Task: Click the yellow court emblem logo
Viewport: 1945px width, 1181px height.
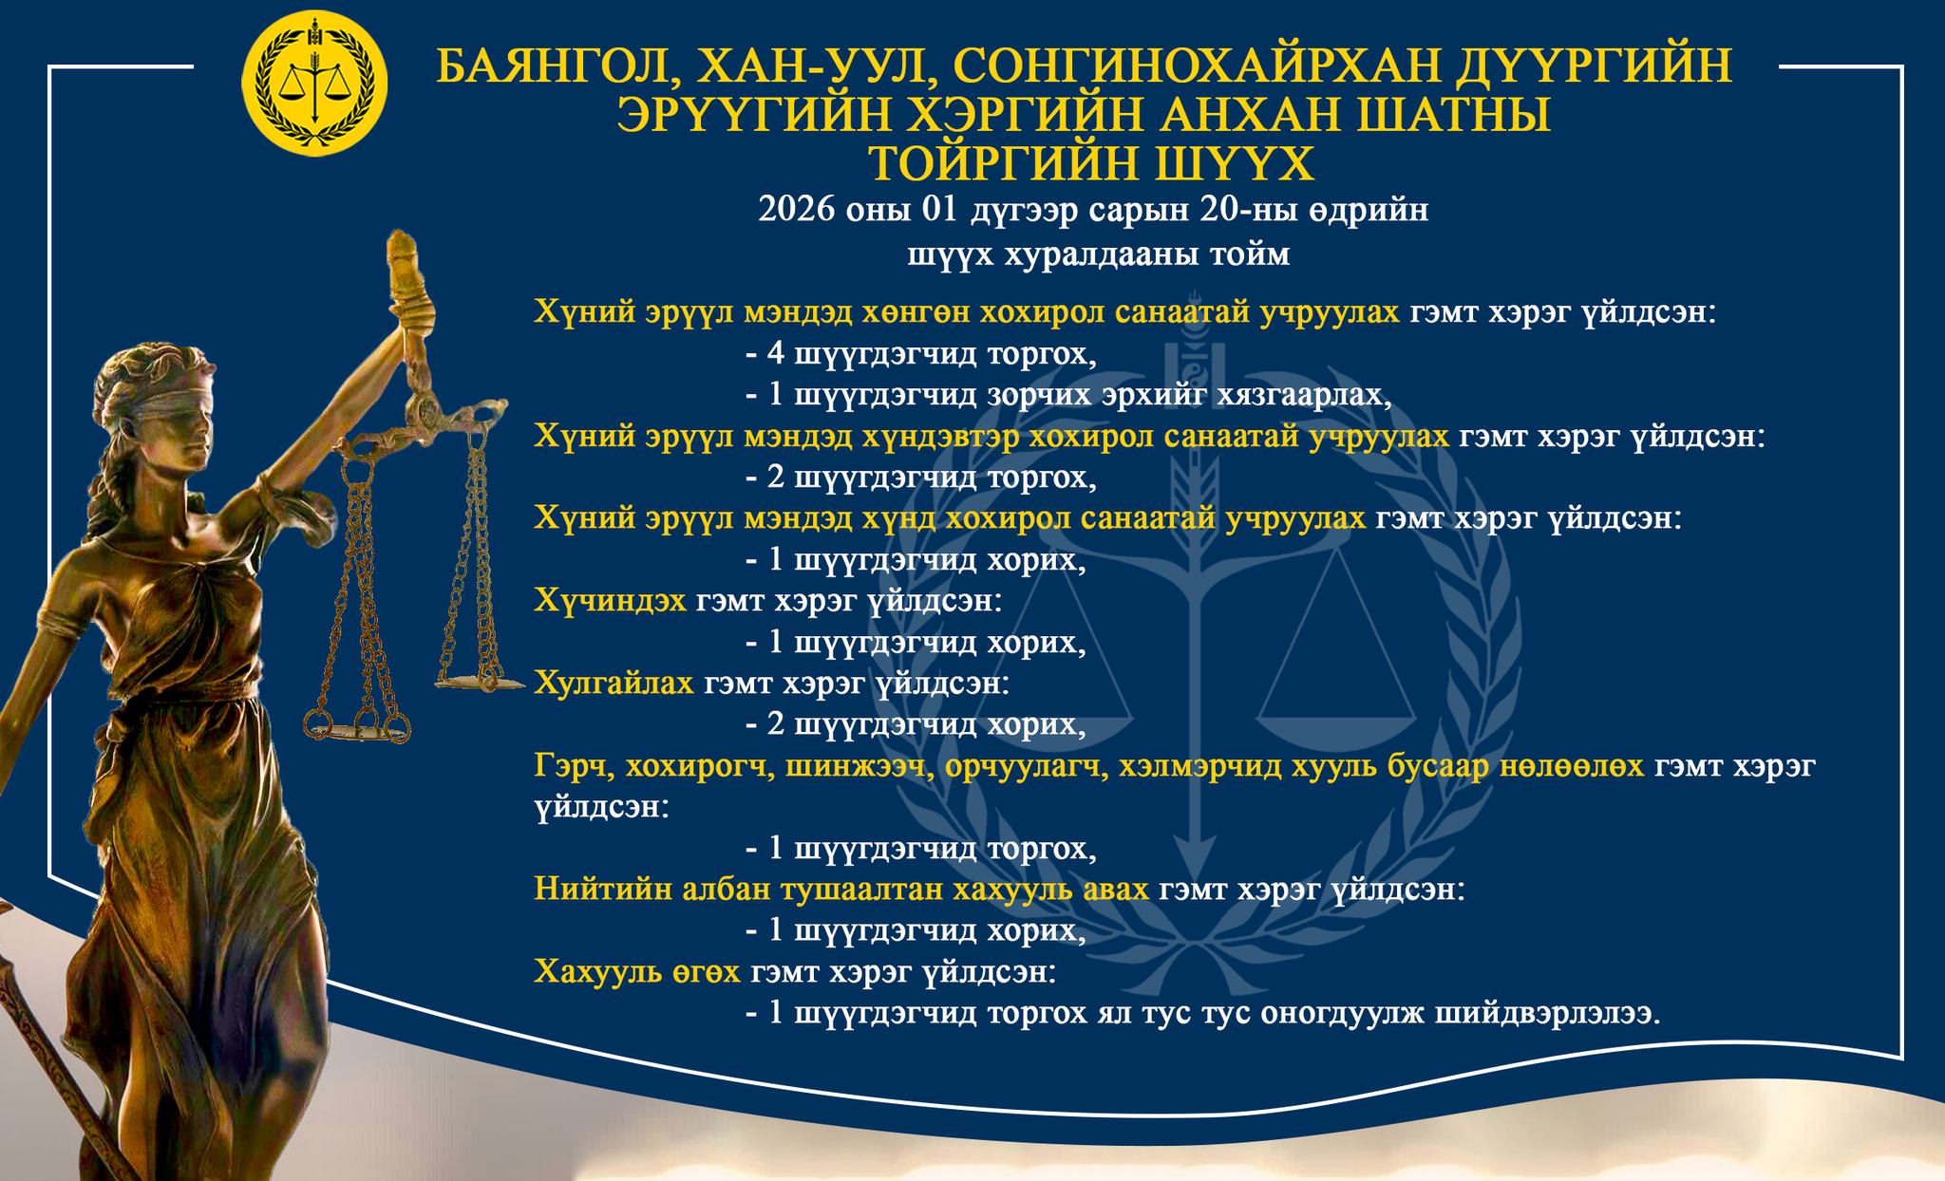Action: tap(315, 85)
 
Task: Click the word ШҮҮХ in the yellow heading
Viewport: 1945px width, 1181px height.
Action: tap(1233, 163)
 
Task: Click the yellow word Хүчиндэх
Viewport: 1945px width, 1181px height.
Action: tap(611, 601)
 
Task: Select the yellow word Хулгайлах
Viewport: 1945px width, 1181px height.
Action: tap(614, 684)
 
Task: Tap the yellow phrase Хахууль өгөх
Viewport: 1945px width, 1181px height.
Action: tap(637, 972)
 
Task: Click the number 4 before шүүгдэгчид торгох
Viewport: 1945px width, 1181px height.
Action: tap(776, 354)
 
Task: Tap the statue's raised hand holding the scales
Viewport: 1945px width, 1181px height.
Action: tap(411, 313)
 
